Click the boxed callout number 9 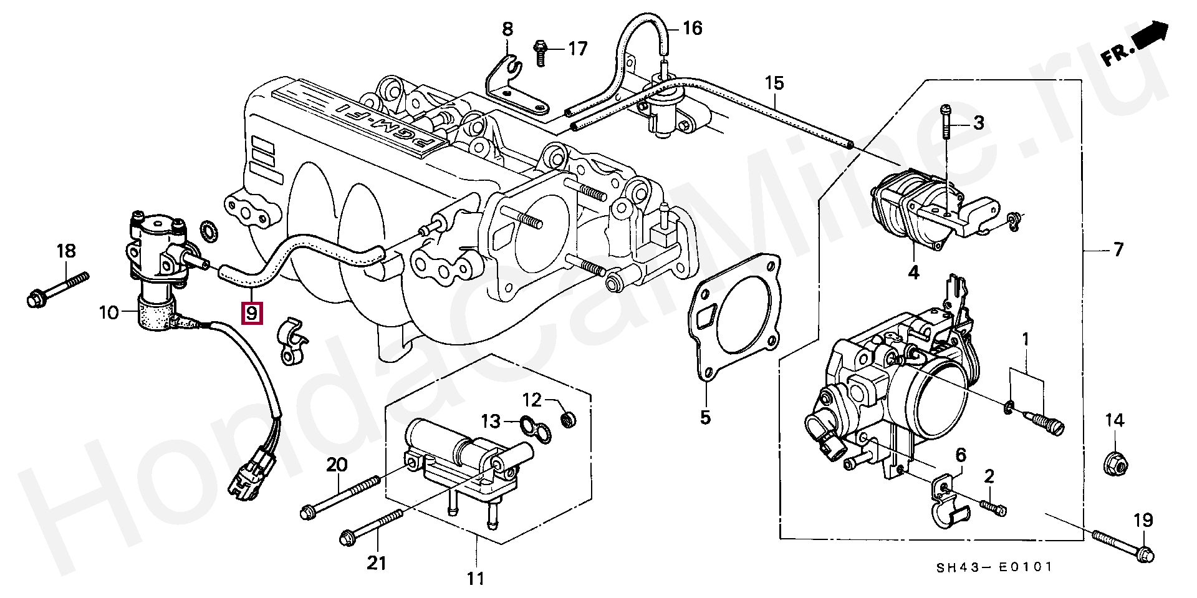click(252, 313)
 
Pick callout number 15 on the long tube click(774, 83)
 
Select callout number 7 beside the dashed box click(1118, 250)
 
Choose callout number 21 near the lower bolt click(375, 563)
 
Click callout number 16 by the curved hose click(692, 28)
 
